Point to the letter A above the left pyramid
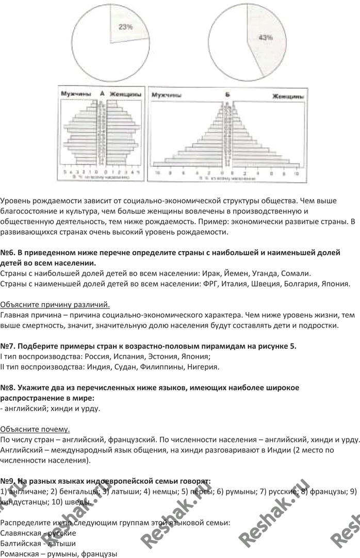point(102,94)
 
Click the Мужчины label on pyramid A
point(76,94)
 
